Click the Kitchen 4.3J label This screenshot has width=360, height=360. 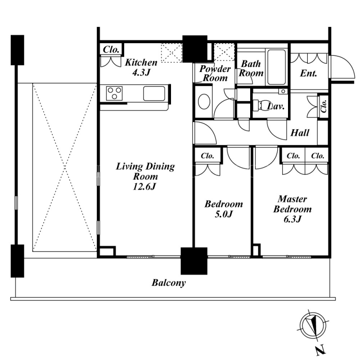click(141, 67)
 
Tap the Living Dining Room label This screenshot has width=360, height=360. click(145, 176)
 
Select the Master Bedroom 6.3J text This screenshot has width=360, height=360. click(292, 209)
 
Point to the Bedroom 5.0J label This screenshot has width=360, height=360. click(224, 209)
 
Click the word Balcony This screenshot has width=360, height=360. click(168, 283)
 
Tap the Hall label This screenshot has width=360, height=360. click(300, 133)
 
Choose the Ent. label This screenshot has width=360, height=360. click(309, 73)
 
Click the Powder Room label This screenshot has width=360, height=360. click(215, 73)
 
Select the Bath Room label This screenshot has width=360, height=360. click(251, 68)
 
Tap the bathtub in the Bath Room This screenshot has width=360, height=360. click(277, 67)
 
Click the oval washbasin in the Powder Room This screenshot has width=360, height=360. click(204, 101)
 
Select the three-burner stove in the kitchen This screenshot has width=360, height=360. click(114, 93)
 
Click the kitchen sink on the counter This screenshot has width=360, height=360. click(154, 93)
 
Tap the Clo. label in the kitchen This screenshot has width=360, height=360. click(111, 49)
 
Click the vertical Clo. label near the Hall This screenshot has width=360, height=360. click(324, 106)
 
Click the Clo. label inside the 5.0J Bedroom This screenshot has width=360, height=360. click(207, 156)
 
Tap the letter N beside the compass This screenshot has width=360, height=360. click(320, 350)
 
